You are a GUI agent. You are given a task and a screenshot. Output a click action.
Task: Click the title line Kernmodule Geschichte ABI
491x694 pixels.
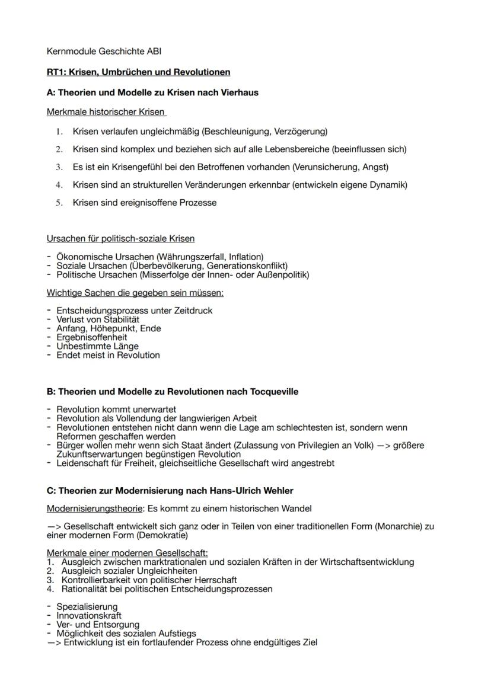[100, 52]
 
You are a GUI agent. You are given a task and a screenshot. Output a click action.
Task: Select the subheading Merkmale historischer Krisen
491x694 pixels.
[106, 112]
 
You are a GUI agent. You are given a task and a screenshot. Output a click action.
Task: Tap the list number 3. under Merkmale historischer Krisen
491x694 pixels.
[59, 167]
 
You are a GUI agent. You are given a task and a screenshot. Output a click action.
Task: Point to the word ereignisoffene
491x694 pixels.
[143, 203]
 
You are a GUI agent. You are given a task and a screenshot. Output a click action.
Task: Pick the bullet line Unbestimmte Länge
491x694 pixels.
[97, 346]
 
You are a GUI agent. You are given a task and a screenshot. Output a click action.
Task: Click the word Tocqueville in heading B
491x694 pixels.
[272, 392]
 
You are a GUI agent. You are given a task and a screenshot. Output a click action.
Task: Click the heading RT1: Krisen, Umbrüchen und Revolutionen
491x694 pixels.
[138, 72]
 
